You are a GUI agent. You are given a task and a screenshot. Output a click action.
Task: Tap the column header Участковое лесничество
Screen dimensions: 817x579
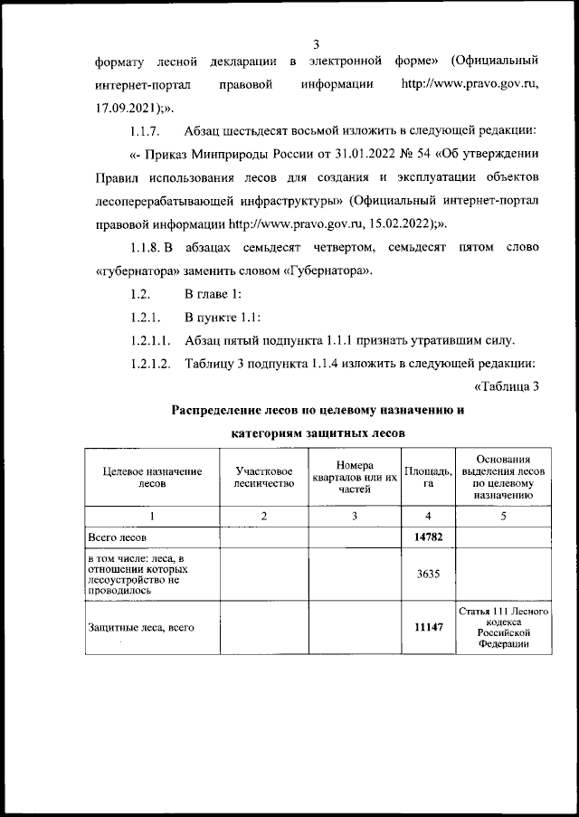[263, 478]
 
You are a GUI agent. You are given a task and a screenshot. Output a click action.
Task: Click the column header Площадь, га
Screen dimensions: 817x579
[427, 477]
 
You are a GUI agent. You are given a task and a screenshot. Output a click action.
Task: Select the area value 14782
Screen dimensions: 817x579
[427, 537]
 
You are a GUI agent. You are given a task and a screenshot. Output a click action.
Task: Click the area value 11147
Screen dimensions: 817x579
[428, 626]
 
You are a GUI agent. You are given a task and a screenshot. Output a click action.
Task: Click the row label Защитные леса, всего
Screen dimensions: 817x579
[141, 626]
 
